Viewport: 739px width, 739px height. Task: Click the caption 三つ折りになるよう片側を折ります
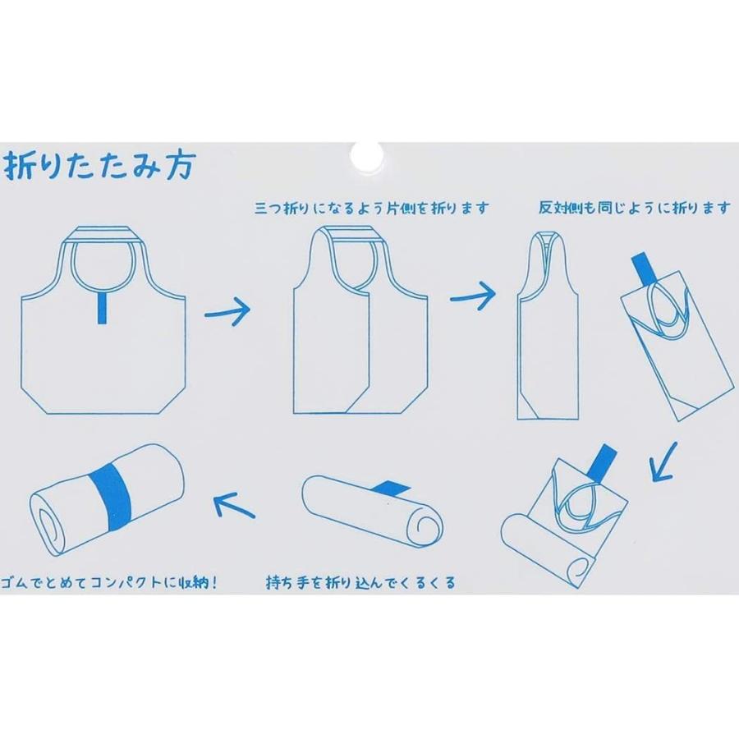point(372,209)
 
